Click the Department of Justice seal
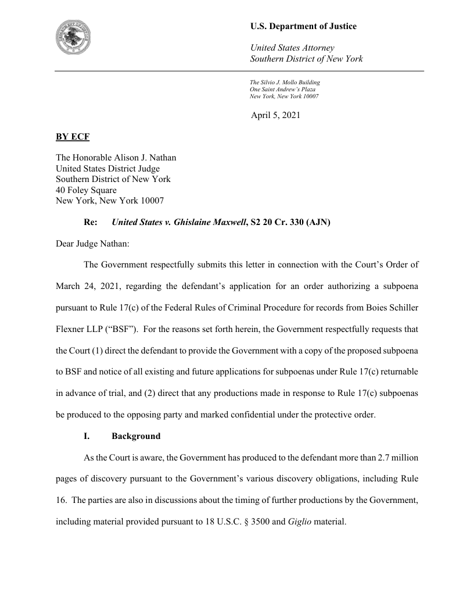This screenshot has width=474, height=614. click(77, 37)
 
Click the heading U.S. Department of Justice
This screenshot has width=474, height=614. click(303, 26)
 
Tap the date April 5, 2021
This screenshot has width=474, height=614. click(275, 115)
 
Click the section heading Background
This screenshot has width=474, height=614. click(136, 435)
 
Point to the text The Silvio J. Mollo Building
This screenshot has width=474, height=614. click(285, 83)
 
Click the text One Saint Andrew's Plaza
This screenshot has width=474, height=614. click(282, 89)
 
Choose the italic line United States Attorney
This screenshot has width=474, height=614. click(292, 47)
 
